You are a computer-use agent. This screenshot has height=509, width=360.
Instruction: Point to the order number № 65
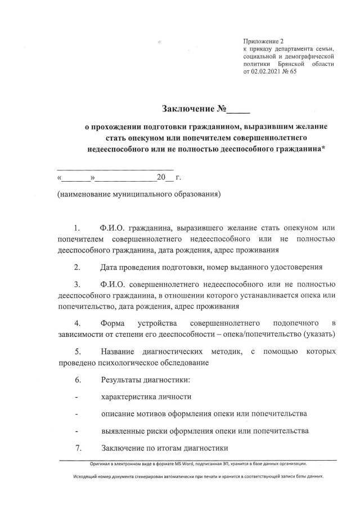(291, 72)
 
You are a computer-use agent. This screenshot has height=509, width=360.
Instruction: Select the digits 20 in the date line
(161, 178)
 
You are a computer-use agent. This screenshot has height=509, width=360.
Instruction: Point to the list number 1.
(76, 228)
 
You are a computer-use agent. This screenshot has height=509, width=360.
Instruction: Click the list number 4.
(76, 323)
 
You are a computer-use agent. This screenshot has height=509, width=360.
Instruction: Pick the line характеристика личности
(146, 397)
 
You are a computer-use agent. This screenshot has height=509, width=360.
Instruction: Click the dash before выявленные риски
(76, 431)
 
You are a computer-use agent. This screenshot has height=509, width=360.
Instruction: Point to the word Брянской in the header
(295, 64)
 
